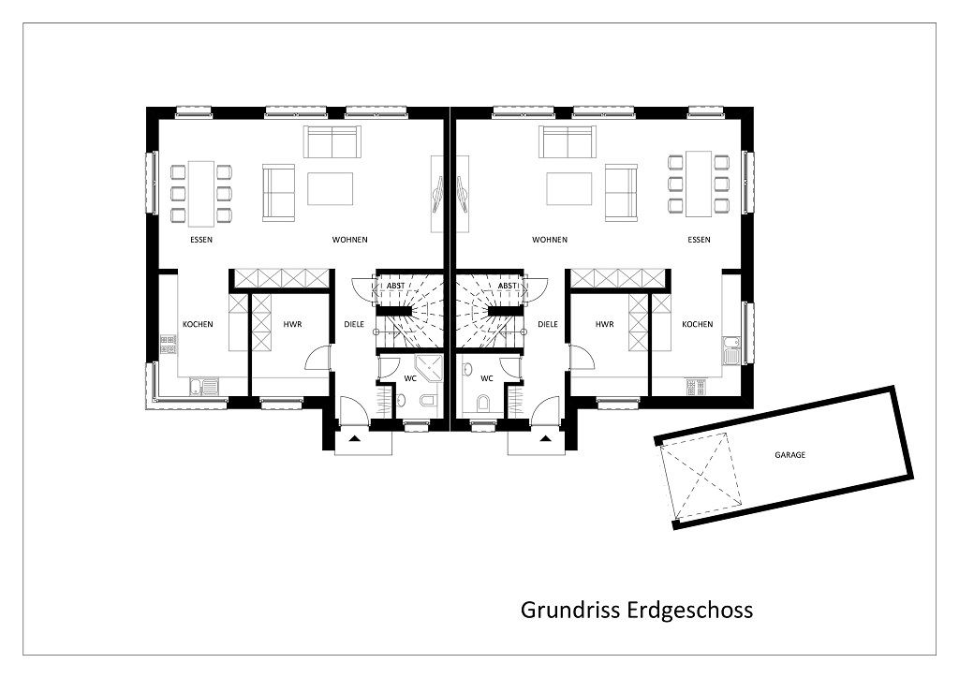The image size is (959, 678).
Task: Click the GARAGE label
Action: tap(789, 455)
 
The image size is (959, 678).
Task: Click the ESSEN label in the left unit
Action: tap(201, 240)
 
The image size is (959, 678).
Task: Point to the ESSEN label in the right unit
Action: tap(699, 240)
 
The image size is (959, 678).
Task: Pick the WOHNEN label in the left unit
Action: tap(350, 240)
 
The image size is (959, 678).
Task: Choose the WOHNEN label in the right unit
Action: tap(549, 240)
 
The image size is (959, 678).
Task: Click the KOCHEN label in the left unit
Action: tap(198, 324)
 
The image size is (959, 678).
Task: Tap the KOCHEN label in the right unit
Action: tap(697, 324)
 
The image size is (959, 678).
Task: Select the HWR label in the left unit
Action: tap(292, 324)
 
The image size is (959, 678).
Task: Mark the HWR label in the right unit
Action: tap(604, 324)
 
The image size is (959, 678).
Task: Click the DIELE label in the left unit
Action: tap(354, 324)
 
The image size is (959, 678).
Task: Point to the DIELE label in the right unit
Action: tap(547, 324)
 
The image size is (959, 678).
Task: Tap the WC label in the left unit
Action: tap(410, 378)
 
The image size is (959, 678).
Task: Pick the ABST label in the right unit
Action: tap(507, 286)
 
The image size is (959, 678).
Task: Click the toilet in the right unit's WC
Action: tap(483, 402)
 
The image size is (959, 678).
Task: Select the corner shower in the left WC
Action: tap(427, 367)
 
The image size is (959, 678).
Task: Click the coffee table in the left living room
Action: tap(331, 189)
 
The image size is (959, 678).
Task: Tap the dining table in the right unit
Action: tap(698, 184)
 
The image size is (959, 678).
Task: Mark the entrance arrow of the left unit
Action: tap(354, 438)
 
